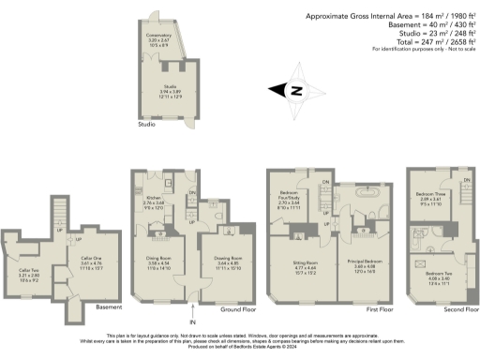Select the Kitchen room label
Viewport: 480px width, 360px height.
[153, 200]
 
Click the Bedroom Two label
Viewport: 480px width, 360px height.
[437, 278]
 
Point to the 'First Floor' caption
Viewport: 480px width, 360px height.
[379, 308]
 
